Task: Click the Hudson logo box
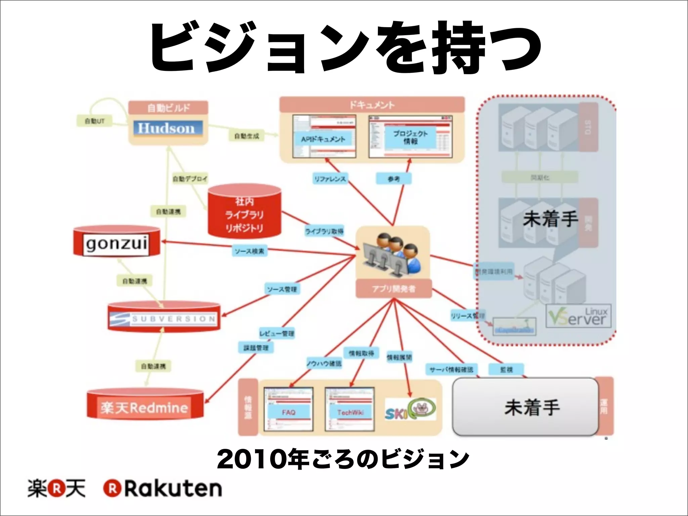pyautogui.click(x=168, y=128)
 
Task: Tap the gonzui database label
pyautogui.click(x=116, y=243)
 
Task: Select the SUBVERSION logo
pyautogui.click(x=164, y=318)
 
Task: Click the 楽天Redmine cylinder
pyautogui.click(x=145, y=407)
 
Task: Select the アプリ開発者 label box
pyautogui.click(x=393, y=289)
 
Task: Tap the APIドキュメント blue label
pyautogui.click(x=323, y=139)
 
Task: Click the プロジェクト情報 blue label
pyautogui.click(x=410, y=137)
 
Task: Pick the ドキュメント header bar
pyautogui.click(x=372, y=105)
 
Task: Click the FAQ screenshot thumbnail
pyautogui.click(x=288, y=409)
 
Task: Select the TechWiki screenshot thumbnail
pyautogui.click(x=349, y=409)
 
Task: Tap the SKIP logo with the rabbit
pyautogui.click(x=410, y=410)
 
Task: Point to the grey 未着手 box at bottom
pyautogui.click(x=526, y=407)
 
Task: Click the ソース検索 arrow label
pyautogui.click(x=249, y=251)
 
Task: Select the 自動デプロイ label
pyautogui.click(x=190, y=178)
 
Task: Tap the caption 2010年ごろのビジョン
pyautogui.click(x=343, y=459)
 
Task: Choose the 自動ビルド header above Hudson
pyautogui.click(x=168, y=108)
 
